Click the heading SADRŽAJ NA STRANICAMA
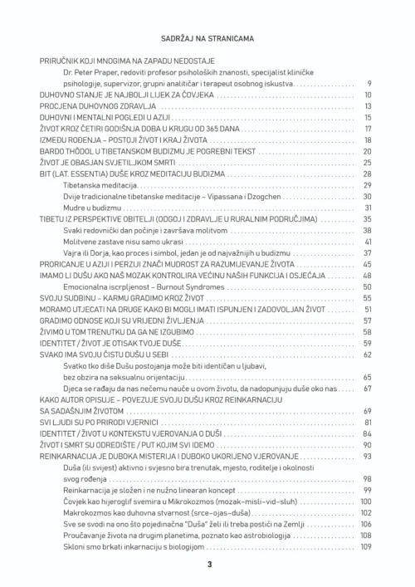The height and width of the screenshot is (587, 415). coord(207,38)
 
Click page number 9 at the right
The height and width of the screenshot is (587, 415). coord(369,84)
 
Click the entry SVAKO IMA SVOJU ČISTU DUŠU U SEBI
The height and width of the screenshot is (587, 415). coord(96,353)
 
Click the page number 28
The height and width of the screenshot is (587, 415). coord(367,174)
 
